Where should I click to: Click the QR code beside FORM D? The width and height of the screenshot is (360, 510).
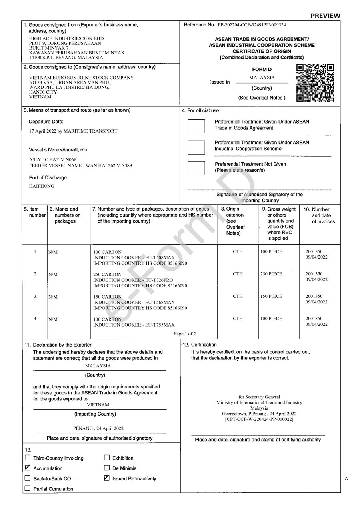[315, 82]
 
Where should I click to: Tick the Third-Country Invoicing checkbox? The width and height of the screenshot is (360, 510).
[28, 458]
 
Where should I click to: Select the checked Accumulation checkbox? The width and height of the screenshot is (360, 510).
[28, 468]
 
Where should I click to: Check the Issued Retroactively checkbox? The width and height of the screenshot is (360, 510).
[107, 478]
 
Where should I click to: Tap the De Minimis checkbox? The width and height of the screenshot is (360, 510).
[107, 468]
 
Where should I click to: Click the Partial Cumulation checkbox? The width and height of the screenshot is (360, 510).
[28, 488]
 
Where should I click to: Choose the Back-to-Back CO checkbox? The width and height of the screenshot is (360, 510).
[28, 478]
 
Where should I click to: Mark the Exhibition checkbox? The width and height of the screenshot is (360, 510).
[107, 458]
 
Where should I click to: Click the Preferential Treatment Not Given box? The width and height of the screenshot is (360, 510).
[196, 167]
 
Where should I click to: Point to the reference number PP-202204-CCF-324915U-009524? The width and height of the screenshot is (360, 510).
[252, 25]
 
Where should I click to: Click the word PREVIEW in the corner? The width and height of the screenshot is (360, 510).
[325, 16]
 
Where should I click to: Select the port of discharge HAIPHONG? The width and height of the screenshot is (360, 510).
[42, 186]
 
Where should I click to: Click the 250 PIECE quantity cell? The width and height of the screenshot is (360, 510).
[271, 274]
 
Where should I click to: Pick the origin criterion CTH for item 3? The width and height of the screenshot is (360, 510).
[238, 297]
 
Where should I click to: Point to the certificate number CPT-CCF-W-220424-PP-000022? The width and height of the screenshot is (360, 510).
[259, 419]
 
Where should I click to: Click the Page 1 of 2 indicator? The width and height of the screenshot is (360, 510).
[185, 334]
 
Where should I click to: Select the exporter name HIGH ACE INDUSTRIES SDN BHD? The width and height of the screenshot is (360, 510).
[66, 39]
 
